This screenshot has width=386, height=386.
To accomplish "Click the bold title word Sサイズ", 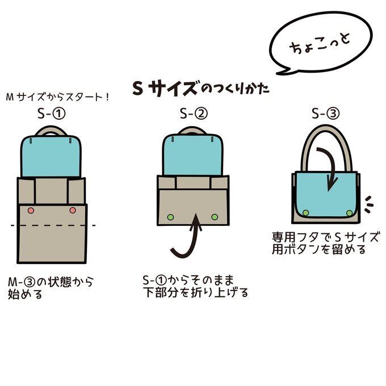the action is pyautogui.click(x=166, y=89).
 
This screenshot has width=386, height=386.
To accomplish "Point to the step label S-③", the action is pyautogui.click(x=326, y=114).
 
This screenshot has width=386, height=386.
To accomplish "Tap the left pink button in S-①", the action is pyautogui.click(x=31, y=211).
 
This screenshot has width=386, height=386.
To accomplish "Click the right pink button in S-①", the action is pyautogui.click(x=72, y=211).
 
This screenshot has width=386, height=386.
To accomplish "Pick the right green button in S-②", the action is pyautogui.click(x=215, y=216).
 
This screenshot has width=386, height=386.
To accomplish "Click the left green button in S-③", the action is pyautogui.click(x=305, y=212).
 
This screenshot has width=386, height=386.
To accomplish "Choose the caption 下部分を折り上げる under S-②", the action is pyautogui.click(x=196, y=293).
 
